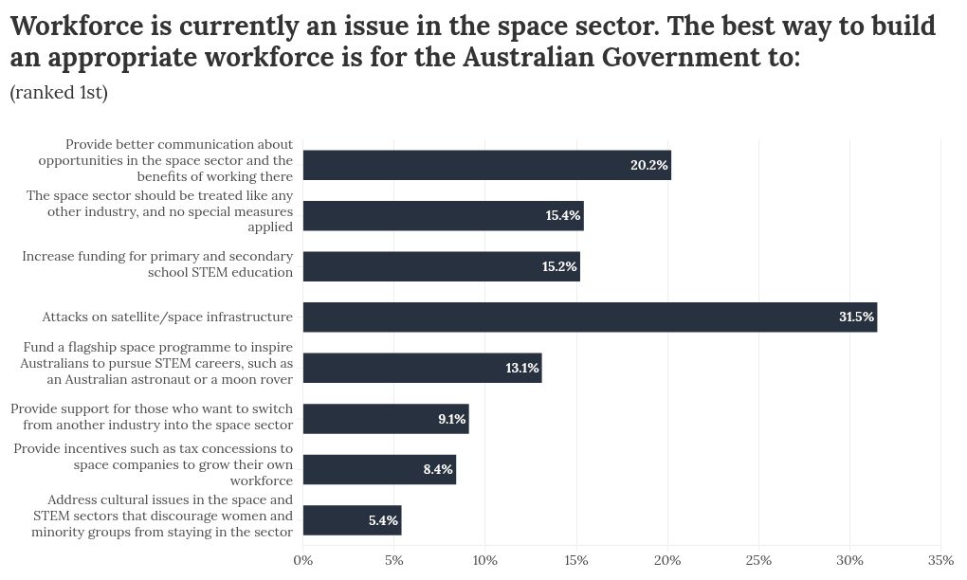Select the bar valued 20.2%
click(486, 165)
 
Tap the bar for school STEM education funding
click(441, 266)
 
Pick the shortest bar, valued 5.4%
click(352, 520)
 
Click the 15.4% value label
click(562, 216)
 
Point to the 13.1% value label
click(521, 368)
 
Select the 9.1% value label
click(451, 419)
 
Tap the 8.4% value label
click(437, 469)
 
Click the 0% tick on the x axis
click(303, 560)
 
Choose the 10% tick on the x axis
click(485, 560)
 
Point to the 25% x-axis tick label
click(758, 560)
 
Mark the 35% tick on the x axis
click(940, 560)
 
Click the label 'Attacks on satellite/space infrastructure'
click(167, 317)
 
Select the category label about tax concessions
click(153, 464)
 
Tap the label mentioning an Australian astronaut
click(156, 363)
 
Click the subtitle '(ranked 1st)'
click(59, 93)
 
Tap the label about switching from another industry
click(152, 416)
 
